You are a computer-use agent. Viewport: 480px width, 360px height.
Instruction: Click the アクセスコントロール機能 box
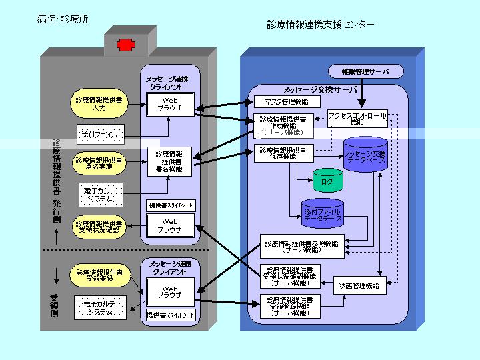(x=357, y=118)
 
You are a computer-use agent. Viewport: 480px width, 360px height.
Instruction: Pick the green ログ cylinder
(x=327, y=181)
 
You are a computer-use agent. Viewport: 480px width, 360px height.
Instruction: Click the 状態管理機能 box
(x=359, y=285)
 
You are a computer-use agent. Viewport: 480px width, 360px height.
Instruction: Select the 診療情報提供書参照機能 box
(x=292, y=247)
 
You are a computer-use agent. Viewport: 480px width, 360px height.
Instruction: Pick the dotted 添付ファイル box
(x=99, y=134)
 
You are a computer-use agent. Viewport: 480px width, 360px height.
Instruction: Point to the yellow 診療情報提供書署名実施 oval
(x=99, y=164)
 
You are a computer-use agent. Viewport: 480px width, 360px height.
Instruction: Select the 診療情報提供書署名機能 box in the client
(x=169, y=162)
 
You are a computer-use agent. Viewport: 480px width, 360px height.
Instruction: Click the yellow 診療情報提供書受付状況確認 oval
(x=99, y=227)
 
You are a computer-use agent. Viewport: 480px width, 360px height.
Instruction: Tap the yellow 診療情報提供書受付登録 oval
(x=99, y=276)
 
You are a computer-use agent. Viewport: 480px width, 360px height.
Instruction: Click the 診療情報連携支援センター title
(x=320, y=25)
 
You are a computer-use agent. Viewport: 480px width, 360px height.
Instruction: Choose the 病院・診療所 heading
(x=63, y=20)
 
